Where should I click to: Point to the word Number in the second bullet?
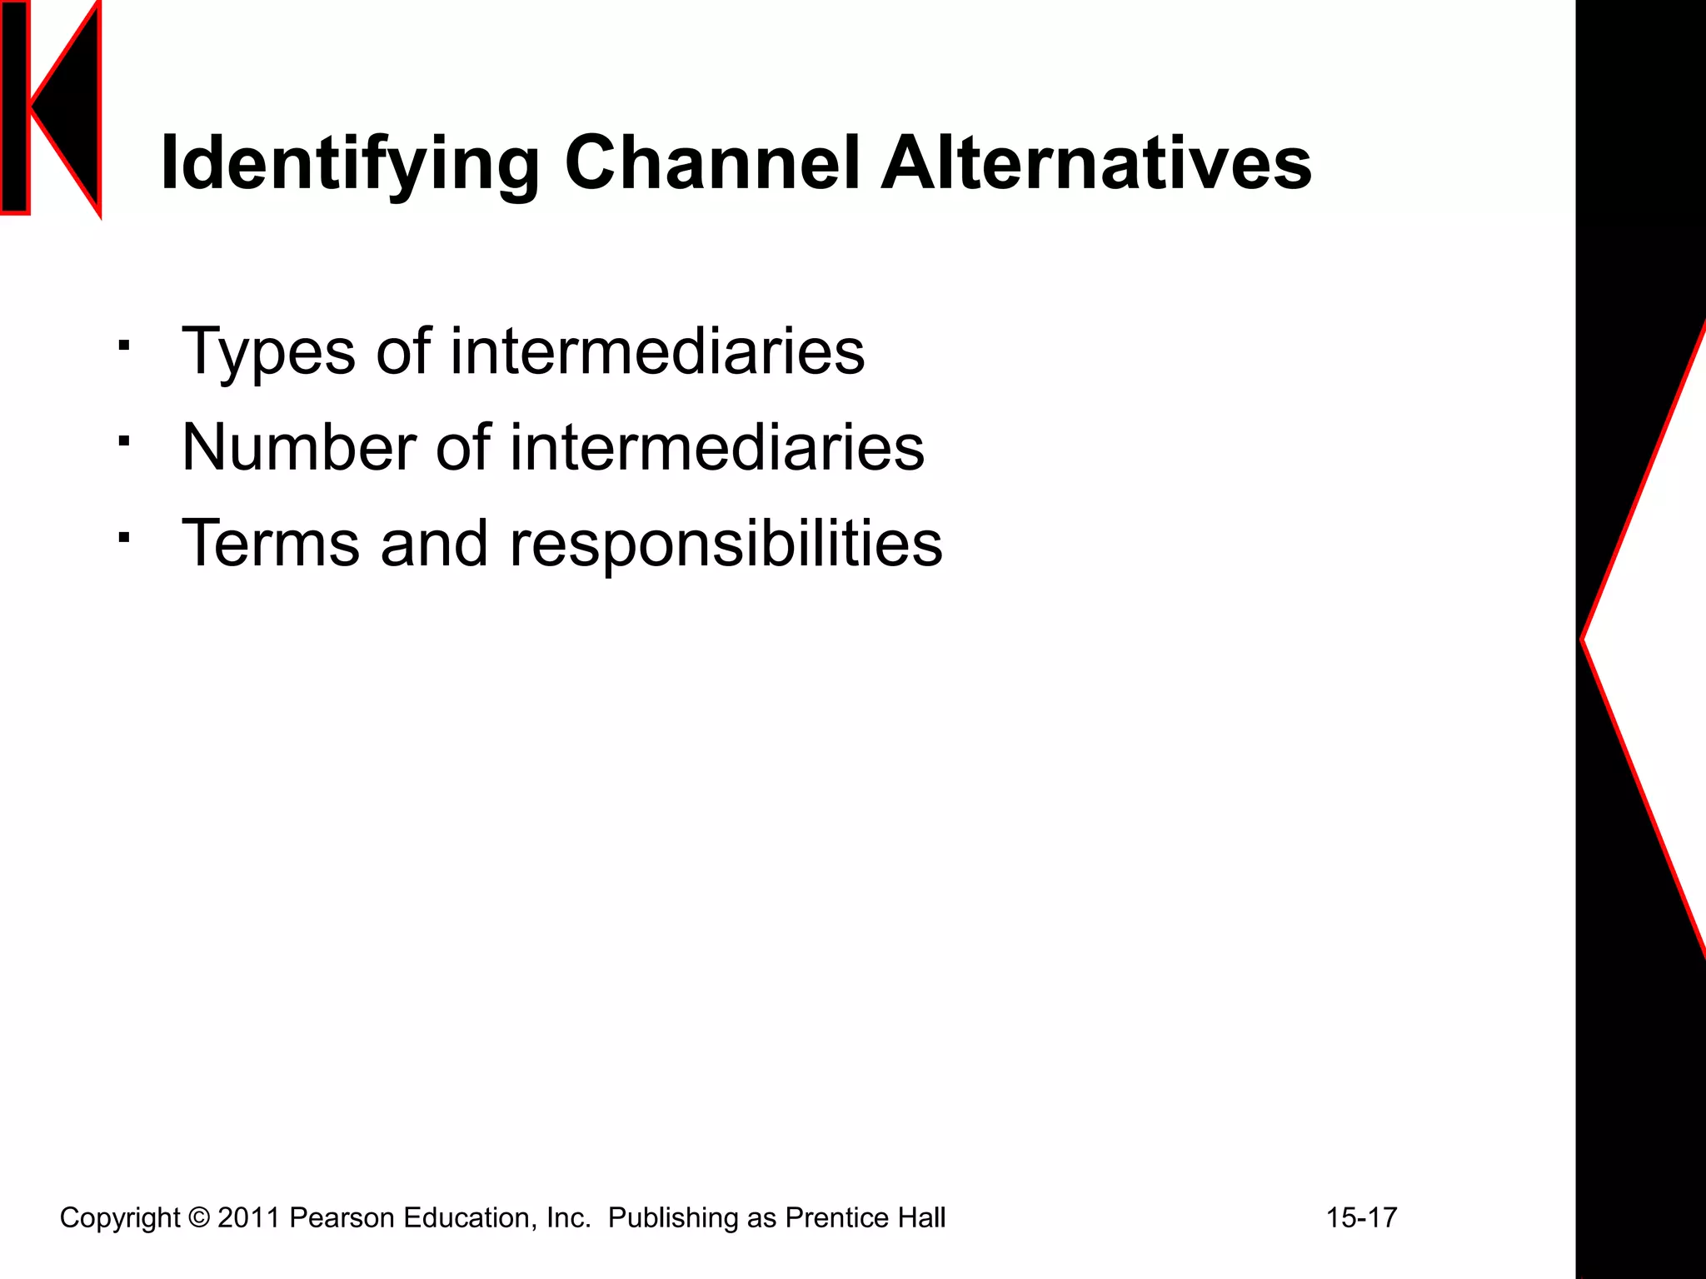[x=298, y=448]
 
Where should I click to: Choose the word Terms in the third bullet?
[x=270, y=544]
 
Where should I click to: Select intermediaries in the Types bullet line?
[x=657, y=351]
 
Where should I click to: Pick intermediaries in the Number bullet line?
[x=717, y=448]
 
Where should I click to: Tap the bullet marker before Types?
[x=124, y=345]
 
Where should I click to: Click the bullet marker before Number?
[x=124, y=440]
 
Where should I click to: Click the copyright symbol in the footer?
[x=199, y=1217]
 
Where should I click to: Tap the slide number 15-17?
[x=1361, y=1217]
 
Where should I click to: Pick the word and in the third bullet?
[x=433, y=544]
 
